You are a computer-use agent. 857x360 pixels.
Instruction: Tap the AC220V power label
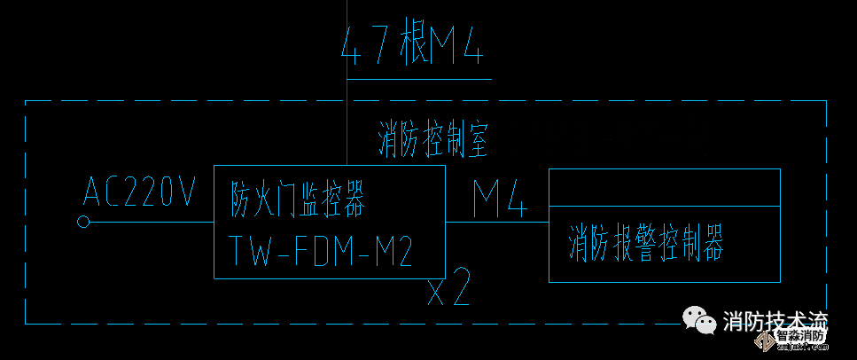click(x=139, y=192)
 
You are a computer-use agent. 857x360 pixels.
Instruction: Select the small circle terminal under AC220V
click(x=84, y=223)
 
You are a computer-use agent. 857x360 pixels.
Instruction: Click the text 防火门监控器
click(x=298, y=200)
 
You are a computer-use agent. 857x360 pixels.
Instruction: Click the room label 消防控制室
click(x=433, y=141)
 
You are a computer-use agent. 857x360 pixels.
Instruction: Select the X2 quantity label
click(x=448, y=291)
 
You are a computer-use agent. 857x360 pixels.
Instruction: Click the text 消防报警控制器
click(x=646, y=243)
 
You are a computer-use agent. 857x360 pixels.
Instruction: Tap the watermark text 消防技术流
click(x=775, y=320)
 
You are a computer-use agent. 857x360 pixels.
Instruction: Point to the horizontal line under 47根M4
click(x=418, y=79)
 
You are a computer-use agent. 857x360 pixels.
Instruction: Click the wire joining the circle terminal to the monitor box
click(x=151, y=223)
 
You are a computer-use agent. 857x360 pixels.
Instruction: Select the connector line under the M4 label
click(x=496, y=223)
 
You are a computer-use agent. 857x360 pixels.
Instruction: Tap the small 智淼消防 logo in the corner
click(x=801, y=337)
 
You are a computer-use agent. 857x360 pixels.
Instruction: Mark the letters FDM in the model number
click(x=321, y=252)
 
